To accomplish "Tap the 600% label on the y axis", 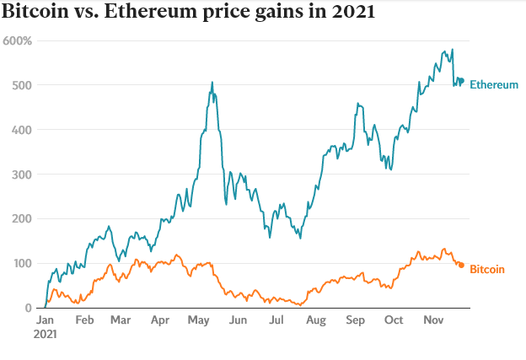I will point(18,40).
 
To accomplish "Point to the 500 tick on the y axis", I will point(22,85).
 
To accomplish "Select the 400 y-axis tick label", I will point(22,130).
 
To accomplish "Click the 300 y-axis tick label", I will point(22,175).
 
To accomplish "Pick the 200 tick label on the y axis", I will point(22,219).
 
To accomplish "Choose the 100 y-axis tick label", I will point(22,264).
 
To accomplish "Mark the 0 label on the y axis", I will point(28,308).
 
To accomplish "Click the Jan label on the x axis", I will point(45,321).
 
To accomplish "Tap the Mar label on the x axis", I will point(121,321).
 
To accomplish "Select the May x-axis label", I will point(198,321).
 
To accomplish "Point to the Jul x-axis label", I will point(276,321).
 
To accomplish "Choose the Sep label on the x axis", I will point(355,321).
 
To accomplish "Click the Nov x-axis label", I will point(433,321).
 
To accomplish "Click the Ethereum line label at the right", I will point(493,85).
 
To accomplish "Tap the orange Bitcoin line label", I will point(486,270).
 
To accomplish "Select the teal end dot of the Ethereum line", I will point(461,81).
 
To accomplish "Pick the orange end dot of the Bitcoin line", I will point(461,266).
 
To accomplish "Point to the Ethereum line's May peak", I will point(212,83).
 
